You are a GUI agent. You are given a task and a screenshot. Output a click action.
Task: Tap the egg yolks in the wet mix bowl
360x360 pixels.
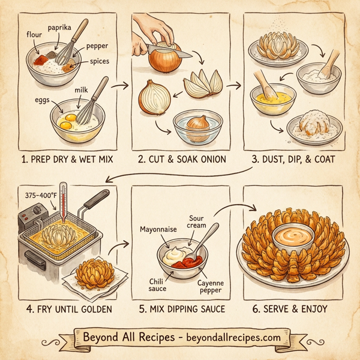coord(67,122)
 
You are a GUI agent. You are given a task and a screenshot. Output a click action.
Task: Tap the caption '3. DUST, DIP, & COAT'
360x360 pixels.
coord(293,160)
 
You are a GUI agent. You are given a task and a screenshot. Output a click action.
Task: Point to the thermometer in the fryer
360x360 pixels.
coord(60,210)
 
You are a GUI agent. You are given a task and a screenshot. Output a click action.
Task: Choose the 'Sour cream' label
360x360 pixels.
coord(197,221)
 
